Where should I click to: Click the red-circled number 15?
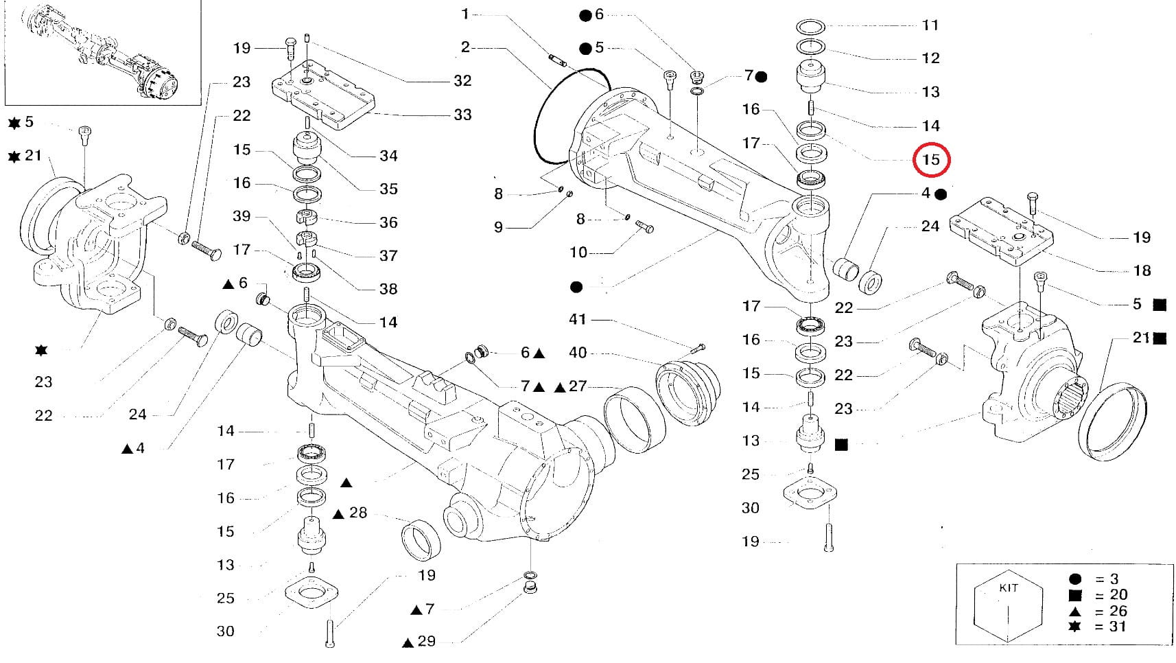pos(930,160)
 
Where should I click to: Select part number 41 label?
pos(578,319)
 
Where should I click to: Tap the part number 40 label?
pos(578,353)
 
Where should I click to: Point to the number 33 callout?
pos(462,115)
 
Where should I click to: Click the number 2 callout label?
pos(465,47)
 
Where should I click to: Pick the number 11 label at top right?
pos(930,25)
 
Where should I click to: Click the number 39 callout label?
pos(242,216)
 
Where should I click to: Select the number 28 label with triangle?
pos(358,513)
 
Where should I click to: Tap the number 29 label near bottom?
pos(426,641)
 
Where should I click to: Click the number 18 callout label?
pos(1142,270)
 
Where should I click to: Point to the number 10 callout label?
pos(578,253)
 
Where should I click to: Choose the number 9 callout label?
pos(499,227)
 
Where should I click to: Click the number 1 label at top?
pos(465,14)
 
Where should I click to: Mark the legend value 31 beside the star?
pos(1118,626)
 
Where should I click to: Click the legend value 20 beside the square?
pos(1118,594)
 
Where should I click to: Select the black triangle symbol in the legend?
pos(1074,611)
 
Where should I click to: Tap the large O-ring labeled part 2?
pos(549,124)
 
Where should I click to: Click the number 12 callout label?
pos(930,58)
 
